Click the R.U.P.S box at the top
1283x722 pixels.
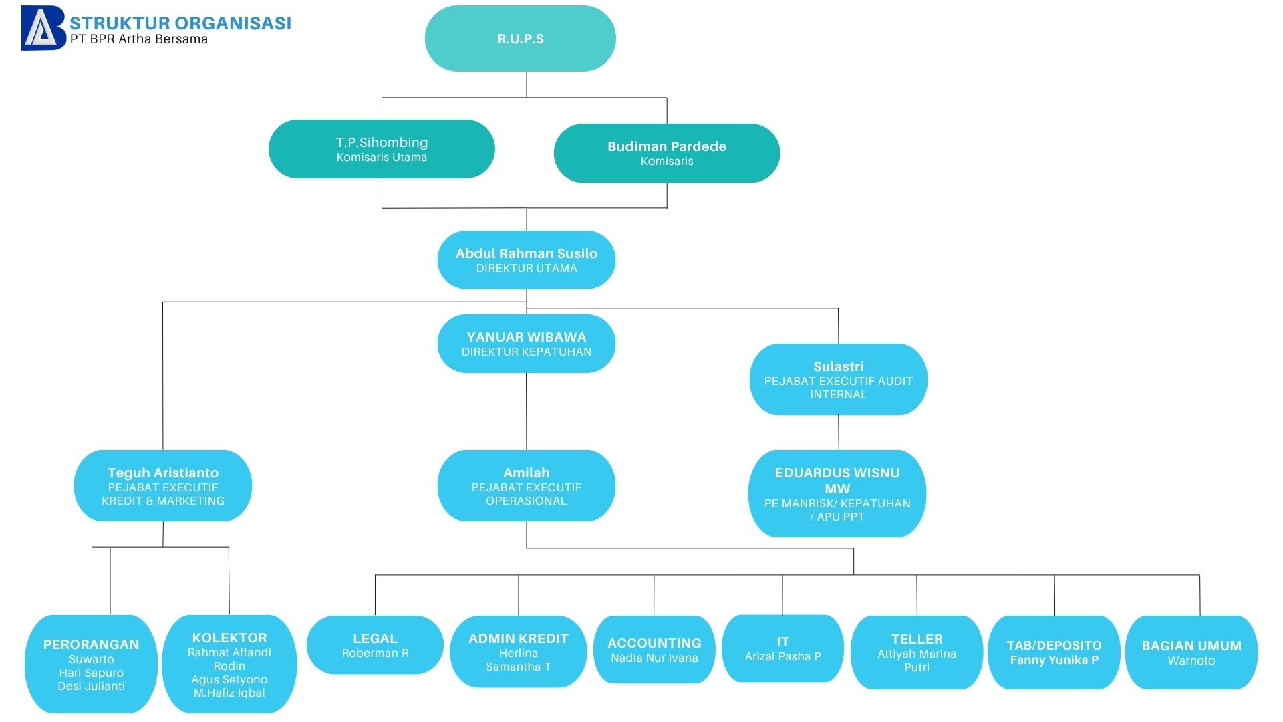coord(520,38)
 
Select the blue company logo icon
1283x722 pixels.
coord(43,28)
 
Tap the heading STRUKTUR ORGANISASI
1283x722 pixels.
coord(180,23)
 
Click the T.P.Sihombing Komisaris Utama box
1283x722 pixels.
coord(382,149)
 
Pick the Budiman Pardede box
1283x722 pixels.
coord(667,153)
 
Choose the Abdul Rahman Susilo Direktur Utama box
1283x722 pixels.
coord(527,260)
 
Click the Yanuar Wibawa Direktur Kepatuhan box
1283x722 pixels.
coord(527,344)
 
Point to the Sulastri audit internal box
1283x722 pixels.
coord(839,380)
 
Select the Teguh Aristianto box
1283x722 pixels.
coord(163,486)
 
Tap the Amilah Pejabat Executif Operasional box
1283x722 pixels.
coord(527,486)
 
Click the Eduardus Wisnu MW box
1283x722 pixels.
coord(837,493)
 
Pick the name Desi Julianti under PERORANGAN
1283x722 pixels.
coord(92,686)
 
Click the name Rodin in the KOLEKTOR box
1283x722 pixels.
coord(229,666)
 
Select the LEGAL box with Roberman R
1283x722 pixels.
coord(375,645)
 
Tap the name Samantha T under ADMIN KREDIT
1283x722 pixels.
coord(519,667)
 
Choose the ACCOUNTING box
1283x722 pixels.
coord(654,650)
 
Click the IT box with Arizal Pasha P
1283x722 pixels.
coord(783,648)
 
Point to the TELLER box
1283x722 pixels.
coord(917,652)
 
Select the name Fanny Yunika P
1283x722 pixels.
coord(1054,660)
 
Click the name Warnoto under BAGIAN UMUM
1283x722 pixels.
coord(1191,660)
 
